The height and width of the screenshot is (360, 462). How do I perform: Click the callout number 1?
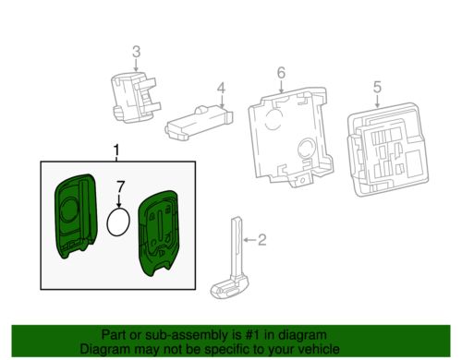tap(115, 150)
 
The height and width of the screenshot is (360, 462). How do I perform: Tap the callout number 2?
tap(261, 241)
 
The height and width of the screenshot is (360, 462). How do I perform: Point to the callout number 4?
tap(221, 89)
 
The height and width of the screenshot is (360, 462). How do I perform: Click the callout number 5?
tap(377, 88)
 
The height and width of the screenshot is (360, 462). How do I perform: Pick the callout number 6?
tap(280, 71)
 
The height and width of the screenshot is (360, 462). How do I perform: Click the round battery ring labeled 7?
tap(118, 224)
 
